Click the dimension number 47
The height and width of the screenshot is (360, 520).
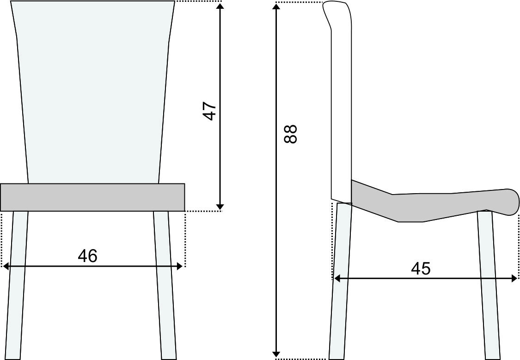pyautogui.click(x=210, y=111)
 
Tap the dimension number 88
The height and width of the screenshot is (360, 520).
pyautogui.click(x=290, y=134)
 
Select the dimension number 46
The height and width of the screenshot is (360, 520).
pyautogui.click(x=88, y=256)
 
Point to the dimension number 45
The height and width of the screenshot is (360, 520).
pyautogui.click(x=421, y=268)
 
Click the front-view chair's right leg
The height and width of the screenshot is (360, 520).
pyautogui.click(x=165, y=287)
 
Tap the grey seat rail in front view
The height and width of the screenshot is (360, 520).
pyautogui.click(x=92, y=197)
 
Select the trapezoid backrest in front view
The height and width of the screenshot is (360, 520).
pyautogui.click(x=92, y=92)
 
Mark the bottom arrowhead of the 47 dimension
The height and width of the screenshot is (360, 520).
pyautogui.click(x=220, y=206)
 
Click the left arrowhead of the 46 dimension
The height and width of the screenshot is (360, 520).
pyautogui.click(x=6, y=266)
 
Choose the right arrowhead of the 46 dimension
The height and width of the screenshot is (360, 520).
pyautogui.click(x=181, y=266)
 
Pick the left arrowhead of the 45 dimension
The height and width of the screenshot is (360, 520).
pyautogui.click(x=337, y=278)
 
